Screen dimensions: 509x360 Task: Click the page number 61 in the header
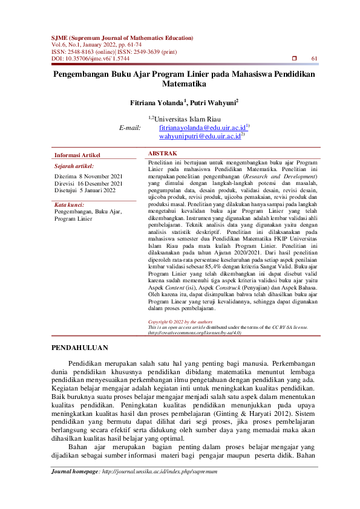pos(314,59)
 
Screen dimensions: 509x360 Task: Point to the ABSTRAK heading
pos(163,154)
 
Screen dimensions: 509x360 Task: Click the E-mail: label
pos(130,128)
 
